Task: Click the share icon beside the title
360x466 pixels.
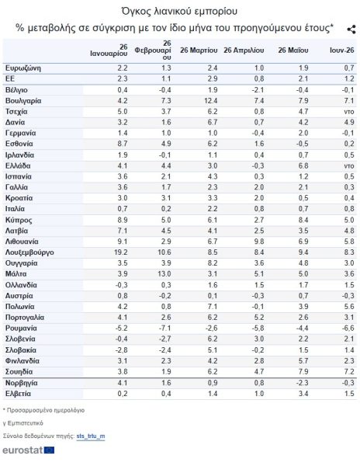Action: (x=351, y=30)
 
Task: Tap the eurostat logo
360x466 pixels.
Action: (x=29, y=450)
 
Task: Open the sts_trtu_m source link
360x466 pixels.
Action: (x=91, y=436)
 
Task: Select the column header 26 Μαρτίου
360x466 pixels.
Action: (x=199, y=50)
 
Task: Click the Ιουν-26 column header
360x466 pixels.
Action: (x=342, y=50)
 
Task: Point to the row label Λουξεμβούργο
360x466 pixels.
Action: (x=29, y=252)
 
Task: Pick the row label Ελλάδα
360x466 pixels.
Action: (x=18, y=166)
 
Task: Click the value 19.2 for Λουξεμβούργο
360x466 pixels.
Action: (x=120, y=252)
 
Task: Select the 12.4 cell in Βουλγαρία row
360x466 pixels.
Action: (x=210, y=101)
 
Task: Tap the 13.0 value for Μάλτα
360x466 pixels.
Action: (x=164, y=273)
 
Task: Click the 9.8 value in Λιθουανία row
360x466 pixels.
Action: (x=259, y=242)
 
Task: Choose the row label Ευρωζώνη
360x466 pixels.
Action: (x=22, y=68)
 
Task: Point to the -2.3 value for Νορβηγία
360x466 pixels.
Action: (x=302, y=383)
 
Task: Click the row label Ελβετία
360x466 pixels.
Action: (x=18, y=394)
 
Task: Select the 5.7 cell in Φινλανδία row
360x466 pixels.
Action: (x=303, y=361)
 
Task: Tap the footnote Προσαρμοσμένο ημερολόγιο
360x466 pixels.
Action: (x=46, y=410)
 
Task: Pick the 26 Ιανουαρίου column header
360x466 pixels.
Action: (x=109, y=50)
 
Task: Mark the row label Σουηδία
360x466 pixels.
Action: (x=19, y=371)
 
